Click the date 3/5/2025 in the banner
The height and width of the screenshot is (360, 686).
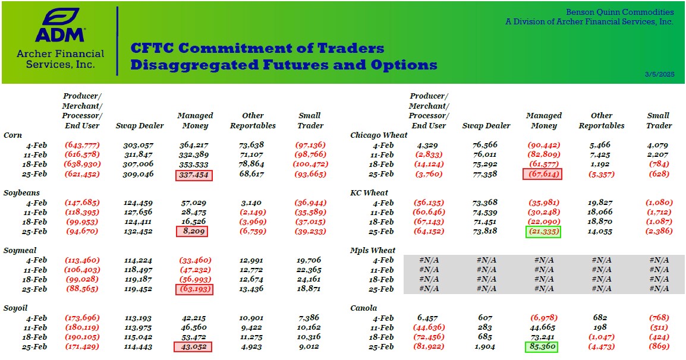pyautogui.click(x=659, y=74)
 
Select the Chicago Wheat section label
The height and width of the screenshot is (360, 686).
pyautogui.click(x=379, y=135)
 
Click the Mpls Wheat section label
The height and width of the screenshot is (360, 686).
pyautogui.click(x=373, y=250)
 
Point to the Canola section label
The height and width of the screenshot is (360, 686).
pyautogui.click(x=364, y=308)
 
